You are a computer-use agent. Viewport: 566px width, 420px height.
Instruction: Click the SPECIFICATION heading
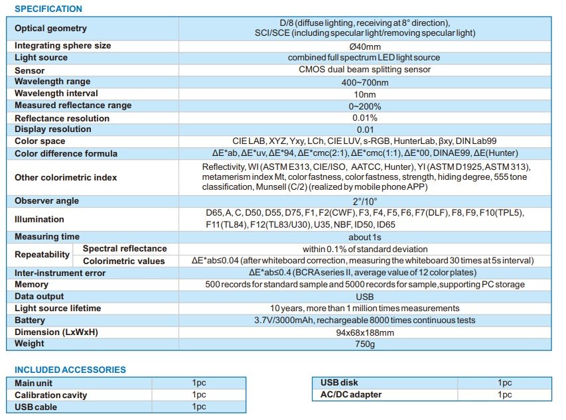pyautogui.click(x=48, y=9)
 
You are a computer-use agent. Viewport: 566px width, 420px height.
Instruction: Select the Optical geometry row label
pyautogui.click(x=50, y=29)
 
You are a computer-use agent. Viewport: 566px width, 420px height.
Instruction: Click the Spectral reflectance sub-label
pyautogui.click(x=125, y=249)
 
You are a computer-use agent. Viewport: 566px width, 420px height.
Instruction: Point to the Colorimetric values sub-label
pyautogui.click(x=123, y=261)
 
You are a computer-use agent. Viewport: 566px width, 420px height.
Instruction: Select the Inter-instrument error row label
pyautogui.click(x=60, y=273)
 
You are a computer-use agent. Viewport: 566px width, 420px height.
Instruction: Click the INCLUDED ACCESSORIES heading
pyautogui.click(x=70, y=370)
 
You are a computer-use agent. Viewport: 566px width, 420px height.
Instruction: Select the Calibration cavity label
pyautogui.click(x=51, y=395)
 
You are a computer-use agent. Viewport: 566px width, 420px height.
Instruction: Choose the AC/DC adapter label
pyautogui.click(x=351, y=395)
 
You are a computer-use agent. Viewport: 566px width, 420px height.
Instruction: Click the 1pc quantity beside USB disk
pyautogui.click(x=504, y=383)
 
